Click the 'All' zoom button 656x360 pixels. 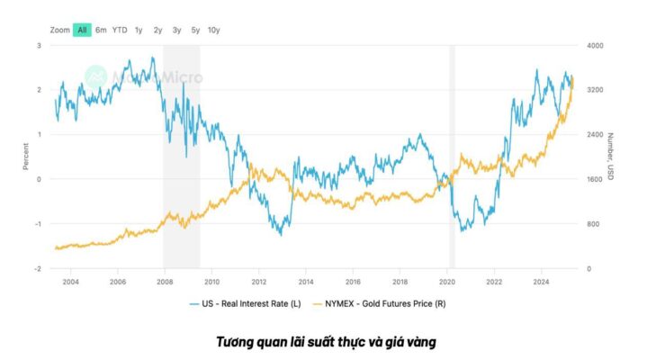tap(82, 30)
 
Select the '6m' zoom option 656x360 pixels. tap(101, 30)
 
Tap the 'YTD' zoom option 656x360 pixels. tap(120, 30)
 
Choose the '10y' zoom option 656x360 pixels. tap(214, 30)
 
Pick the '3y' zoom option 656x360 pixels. tap(177, 30)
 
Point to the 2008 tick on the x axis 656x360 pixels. tap(165, 282)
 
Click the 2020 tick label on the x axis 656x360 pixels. tap(447, 282)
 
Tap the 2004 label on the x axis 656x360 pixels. tap(70, 282)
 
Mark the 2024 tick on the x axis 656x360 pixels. tap(542, 282)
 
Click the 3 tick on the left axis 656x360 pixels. tap(39, 45)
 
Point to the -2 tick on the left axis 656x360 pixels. tap(37, 268)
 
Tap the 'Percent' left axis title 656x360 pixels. tap(26, 157)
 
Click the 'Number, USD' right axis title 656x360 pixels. tap(610, 157)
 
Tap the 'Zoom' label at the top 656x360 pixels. tap(60, 30)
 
